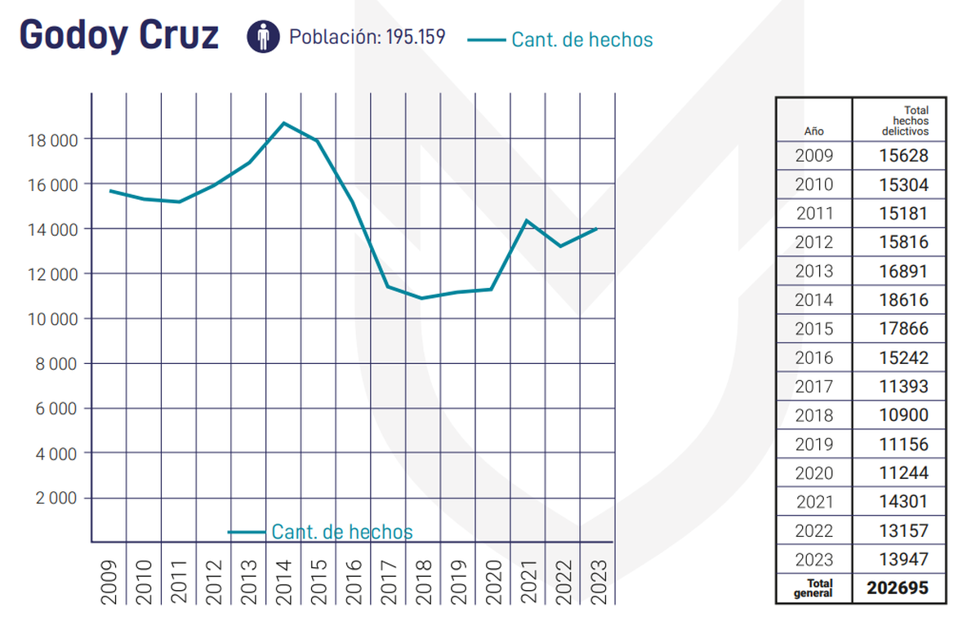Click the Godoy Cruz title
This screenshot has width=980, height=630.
click(x=118, y=35)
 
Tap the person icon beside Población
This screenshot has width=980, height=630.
click(x=263, y=37)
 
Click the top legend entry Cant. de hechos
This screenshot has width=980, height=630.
click(x=581, y=39)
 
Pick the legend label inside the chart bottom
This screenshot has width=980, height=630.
click(x=341, y=532)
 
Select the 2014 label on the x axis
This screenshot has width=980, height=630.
click(x=283, y=580)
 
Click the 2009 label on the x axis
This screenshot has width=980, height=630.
click(x=109, y=580)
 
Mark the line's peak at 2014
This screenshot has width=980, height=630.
click(x=283, y=123)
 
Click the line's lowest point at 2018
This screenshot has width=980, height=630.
click(x=422, y=298)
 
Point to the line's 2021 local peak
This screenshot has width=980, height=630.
click(x=527, y=220)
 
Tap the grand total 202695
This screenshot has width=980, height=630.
click(x=898, y=588)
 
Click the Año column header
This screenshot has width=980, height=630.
click(x=813, y=131)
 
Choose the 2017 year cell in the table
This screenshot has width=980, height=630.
click(x=813, y=387)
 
